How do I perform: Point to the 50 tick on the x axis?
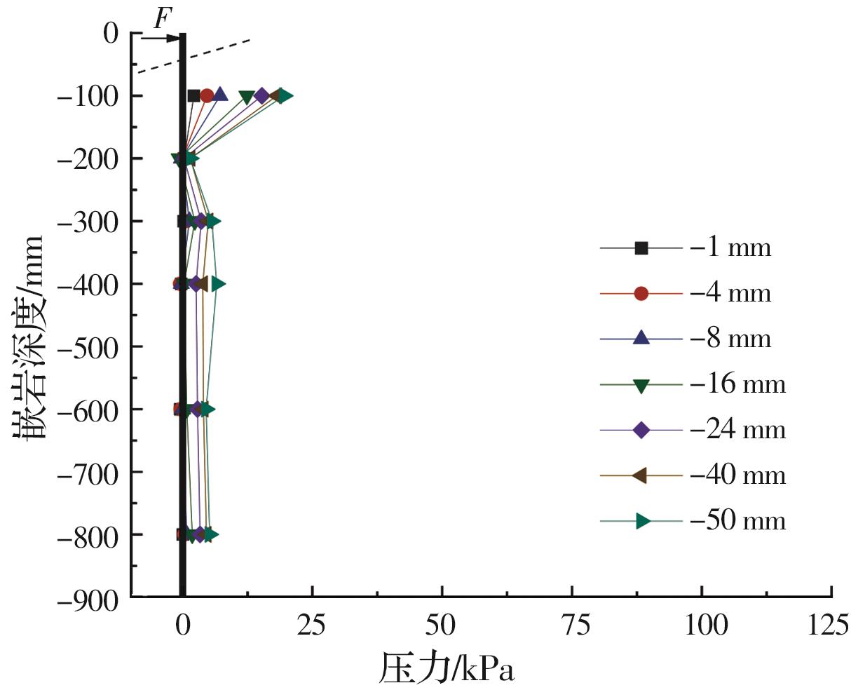pos(442,625)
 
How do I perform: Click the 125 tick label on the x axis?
pos(831,625)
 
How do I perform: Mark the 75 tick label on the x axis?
pos(572,625)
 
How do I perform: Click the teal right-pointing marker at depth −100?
pos(284,96)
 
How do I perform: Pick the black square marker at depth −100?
pos(194,96)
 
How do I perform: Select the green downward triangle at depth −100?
pos(247,97)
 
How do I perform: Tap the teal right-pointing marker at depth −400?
pos(218,284)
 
